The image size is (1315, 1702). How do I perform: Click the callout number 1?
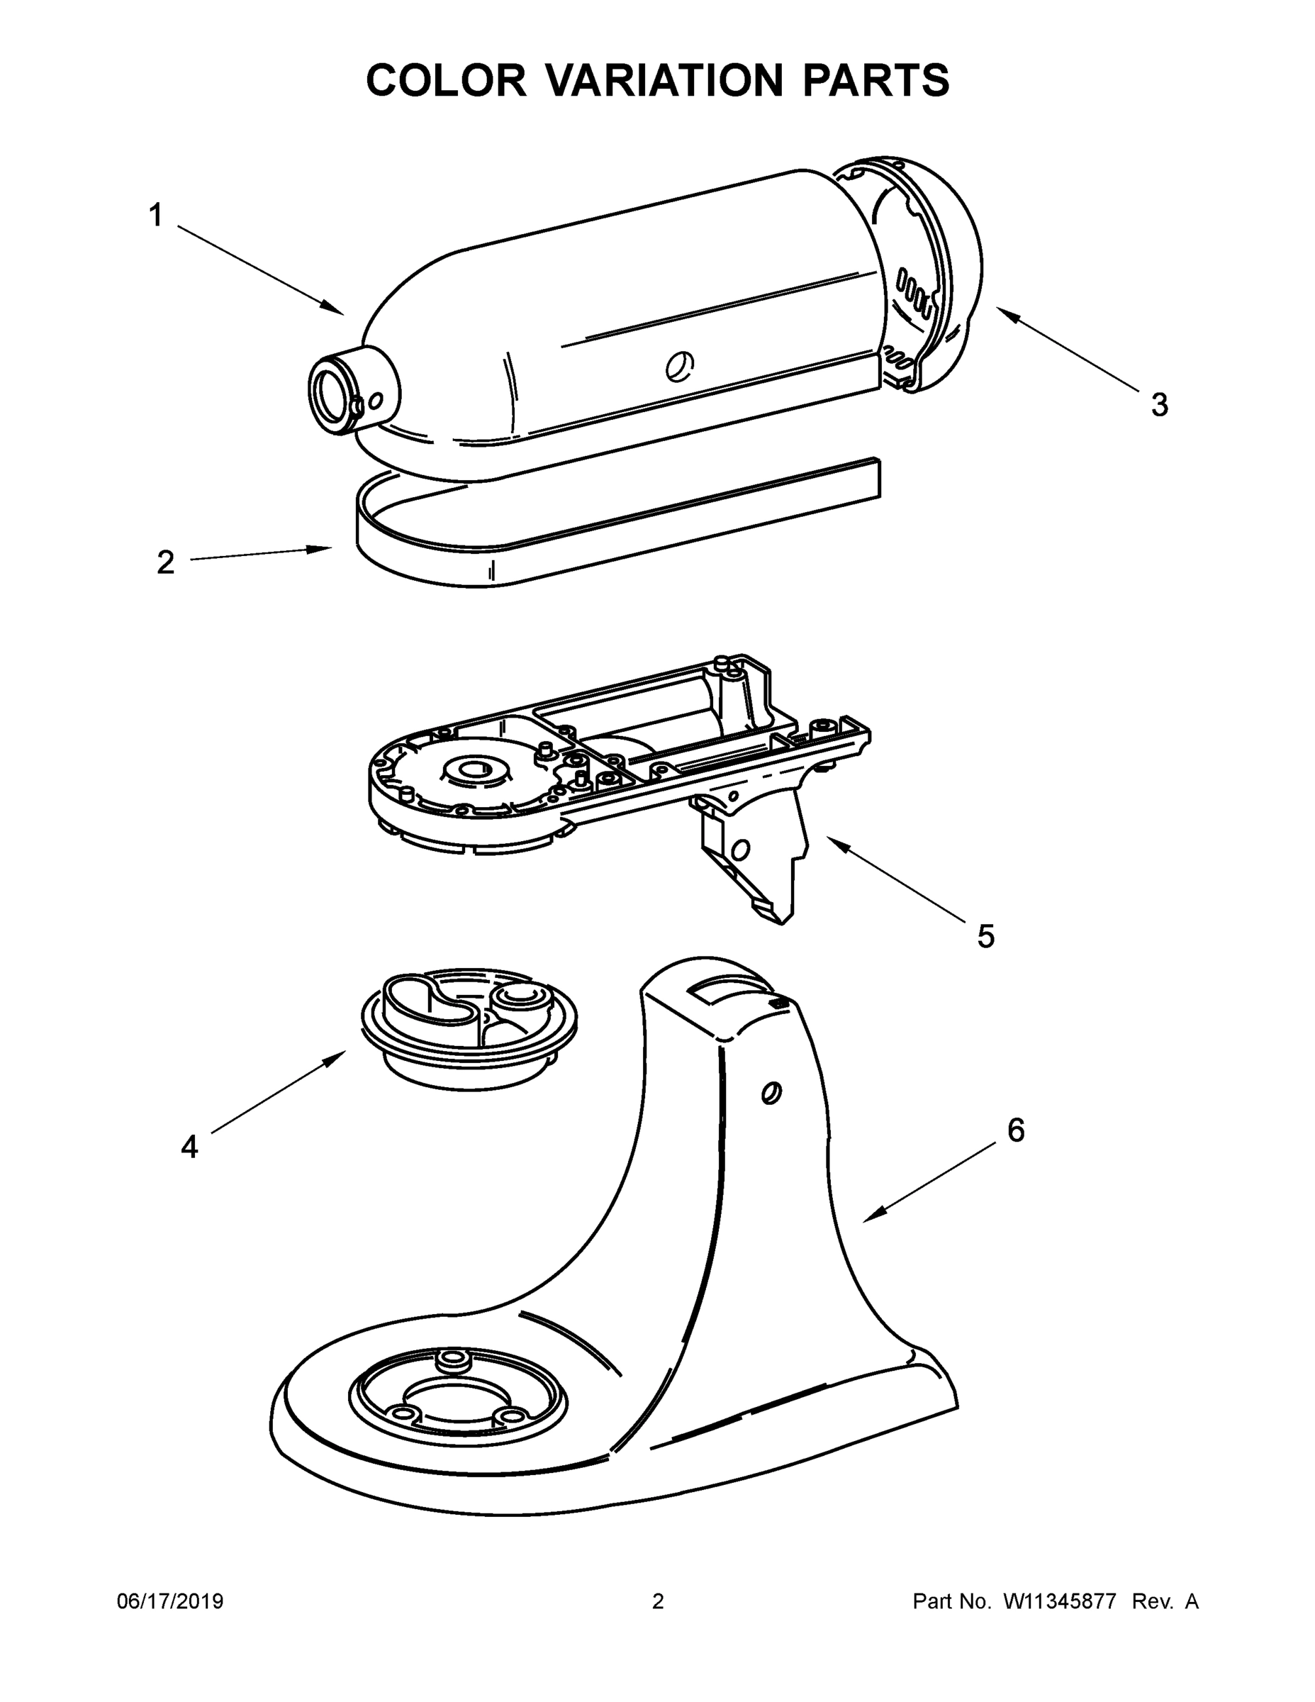pos(156,215)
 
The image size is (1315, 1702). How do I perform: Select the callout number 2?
pos(165,562)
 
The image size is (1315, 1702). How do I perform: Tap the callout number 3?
pos(1159,405)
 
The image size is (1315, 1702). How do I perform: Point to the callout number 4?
pos(189,1146)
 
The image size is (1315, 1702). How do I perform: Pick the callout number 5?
pos(985,936)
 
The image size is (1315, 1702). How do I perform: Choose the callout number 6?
pos(1016,1129)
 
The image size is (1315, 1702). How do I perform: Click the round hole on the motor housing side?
pos(679,364)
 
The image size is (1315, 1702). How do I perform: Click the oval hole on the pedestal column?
pos(771,1093)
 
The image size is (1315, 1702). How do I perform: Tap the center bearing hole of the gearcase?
pos(474,771)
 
